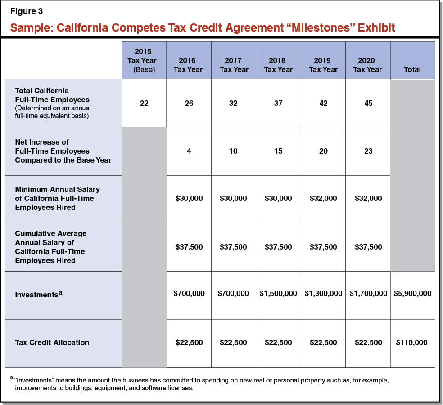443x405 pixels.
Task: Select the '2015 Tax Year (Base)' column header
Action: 144,60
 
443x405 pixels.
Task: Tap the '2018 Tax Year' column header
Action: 278,65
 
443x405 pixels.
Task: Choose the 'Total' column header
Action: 412,69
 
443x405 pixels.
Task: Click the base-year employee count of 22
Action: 144,103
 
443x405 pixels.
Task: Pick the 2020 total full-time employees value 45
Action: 368,103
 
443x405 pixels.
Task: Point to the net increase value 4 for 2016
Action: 189,151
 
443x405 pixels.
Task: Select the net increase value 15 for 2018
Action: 278,151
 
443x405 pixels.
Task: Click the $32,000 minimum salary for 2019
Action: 323,198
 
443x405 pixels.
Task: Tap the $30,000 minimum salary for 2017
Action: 233,198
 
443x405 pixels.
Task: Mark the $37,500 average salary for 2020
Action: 368,247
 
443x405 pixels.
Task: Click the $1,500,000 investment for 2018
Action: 278,293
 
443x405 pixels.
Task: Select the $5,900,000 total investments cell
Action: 412,293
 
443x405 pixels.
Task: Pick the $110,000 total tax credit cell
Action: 412,342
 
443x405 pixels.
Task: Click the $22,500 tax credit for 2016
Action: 189,342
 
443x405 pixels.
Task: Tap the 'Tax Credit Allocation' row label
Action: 52,342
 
